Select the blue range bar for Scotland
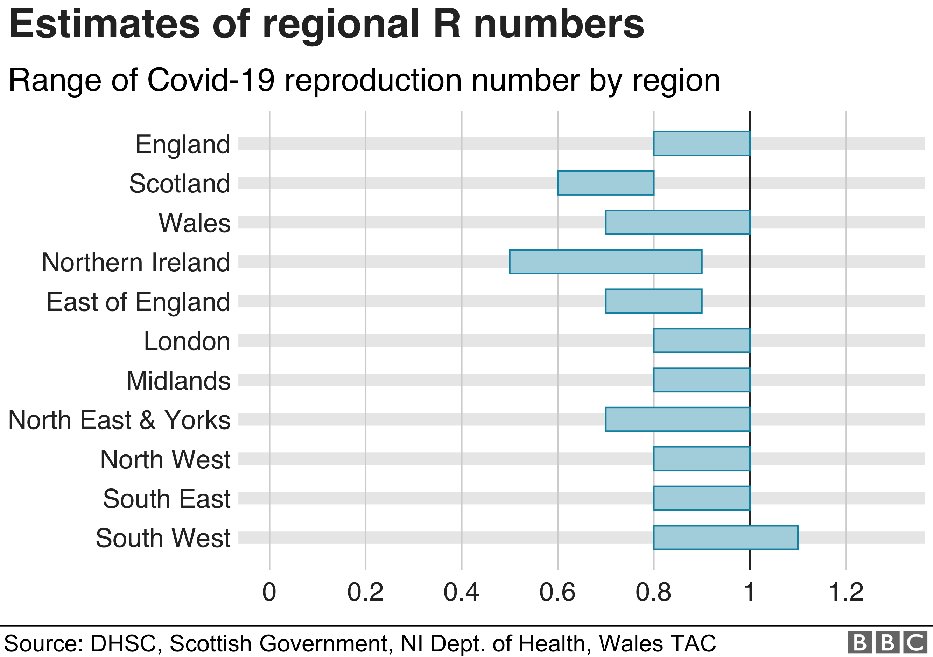tap(605, 183)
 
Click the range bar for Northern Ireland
tap(605, 262)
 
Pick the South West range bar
tap(725, 538)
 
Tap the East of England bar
tap(653, 301)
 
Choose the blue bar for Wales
tap(678, 223)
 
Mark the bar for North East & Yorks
tap(678, 419)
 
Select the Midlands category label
tap(178, 381)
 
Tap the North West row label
tap(165, 460)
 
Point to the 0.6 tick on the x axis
tap(557, 592)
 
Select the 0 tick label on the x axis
tap(269, 592)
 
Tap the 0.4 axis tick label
tap(461, 592)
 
